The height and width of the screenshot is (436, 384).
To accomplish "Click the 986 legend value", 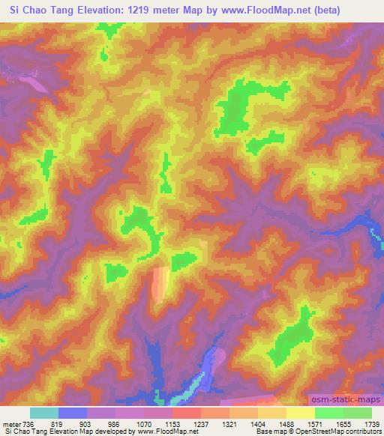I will pos(115,423).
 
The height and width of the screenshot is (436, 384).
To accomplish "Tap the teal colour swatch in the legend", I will pos(44,413).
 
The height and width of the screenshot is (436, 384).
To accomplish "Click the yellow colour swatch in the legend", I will pos(300,413).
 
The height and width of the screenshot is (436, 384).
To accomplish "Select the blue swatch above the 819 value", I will pos(73,413).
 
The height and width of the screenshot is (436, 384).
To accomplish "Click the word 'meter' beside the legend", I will pos(10,423).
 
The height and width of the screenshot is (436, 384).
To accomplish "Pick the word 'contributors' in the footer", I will pos(364,432).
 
